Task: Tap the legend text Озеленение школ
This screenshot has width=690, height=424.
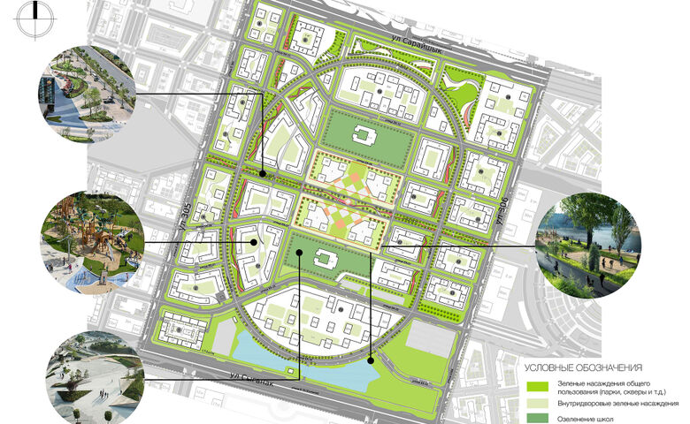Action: (586, 418)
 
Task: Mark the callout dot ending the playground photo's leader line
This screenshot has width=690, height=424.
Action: (255, 241)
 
